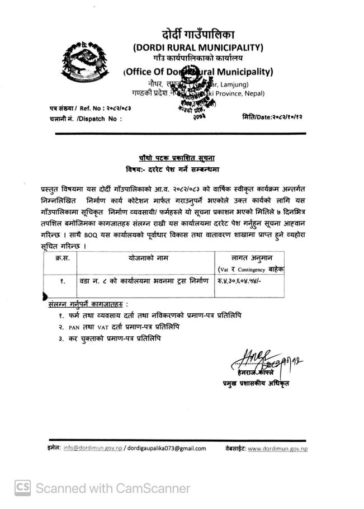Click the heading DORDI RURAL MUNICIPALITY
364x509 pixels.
pyautogui.click(x=198, y=48)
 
